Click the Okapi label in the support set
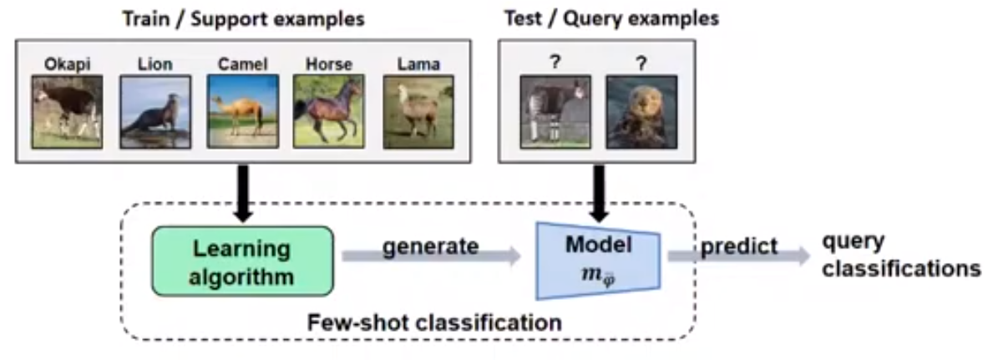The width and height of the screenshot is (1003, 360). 68,63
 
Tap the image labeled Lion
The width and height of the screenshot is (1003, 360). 155,111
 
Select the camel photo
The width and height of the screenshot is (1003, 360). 242,111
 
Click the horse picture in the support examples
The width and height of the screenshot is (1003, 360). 328,111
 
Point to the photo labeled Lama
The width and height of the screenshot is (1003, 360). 418,111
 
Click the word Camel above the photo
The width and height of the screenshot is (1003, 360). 242,63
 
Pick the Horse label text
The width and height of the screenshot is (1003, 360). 328,63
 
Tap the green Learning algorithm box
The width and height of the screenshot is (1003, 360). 242,261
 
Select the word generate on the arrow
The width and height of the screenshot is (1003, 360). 431,246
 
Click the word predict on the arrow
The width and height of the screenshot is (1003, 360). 739,246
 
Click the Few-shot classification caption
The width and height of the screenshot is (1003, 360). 434,321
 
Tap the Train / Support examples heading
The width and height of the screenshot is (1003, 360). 243,18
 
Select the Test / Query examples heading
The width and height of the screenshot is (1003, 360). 611,18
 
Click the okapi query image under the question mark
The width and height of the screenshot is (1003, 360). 555,111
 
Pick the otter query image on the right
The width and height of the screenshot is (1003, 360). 641,111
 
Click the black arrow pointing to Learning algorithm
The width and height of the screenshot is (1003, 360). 243,192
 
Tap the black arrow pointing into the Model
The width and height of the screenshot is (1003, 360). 598,192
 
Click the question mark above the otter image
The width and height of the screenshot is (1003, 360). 641,63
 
